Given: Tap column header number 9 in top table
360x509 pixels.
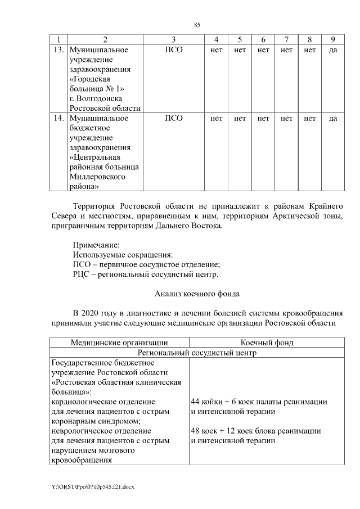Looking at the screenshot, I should [x=332, y=39].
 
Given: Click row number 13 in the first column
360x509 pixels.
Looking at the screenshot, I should [x=57, y=49].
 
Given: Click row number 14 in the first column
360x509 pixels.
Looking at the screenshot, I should [x=57, y=118].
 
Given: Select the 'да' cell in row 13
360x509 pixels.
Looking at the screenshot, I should [x=332, y=49].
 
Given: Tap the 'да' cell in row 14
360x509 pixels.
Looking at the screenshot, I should [x=332, y=118].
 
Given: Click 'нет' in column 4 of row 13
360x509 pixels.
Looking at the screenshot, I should [x=216, y=49].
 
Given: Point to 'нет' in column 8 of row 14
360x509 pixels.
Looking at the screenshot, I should [x=309, y=118].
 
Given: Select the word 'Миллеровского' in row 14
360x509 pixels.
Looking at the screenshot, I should [x=97, y=177].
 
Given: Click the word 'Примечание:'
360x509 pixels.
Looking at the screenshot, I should [x=96, y=244].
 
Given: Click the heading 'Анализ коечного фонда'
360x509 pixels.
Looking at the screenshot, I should [x=197, y=294].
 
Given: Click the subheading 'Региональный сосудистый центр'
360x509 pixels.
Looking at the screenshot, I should [x=197, y=353].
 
